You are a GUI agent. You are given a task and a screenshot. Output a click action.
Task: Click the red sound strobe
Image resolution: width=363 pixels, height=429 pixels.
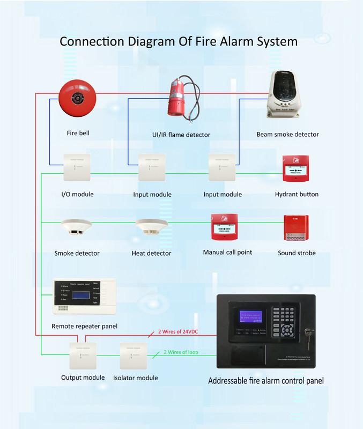[295, 227]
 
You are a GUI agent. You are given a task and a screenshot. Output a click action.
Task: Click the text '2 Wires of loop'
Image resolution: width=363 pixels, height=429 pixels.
[182, 352]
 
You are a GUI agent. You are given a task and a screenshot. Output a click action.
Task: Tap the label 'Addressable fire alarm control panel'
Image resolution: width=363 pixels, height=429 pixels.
[265, 381]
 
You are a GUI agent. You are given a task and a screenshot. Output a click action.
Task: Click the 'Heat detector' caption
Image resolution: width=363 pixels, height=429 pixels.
[151, 253]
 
